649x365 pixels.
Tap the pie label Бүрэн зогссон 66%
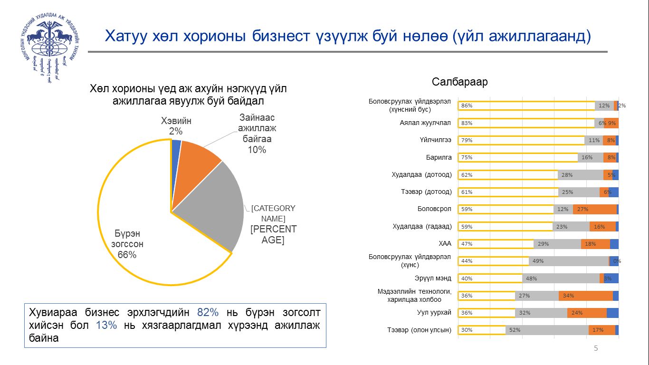[x=127, y=244]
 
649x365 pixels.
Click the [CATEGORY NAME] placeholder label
[x=273, y=213]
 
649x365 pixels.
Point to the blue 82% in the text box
[x=208, y=313]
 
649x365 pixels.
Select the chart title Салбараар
[x=459, y=82]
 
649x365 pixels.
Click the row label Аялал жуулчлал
[x=425, y=123]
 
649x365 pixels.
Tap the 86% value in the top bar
[x=467, y=106]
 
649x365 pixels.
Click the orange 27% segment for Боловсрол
[x=594, y=209]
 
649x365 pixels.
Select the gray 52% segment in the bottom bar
[x=546, y=330]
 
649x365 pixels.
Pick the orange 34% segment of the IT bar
[x=585, y=296]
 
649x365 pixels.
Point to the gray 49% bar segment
[x=568, y=261]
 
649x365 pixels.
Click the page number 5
[x=596, y=349]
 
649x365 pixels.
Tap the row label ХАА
[x=445, y=244]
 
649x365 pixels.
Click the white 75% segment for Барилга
[x=518, y=158]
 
